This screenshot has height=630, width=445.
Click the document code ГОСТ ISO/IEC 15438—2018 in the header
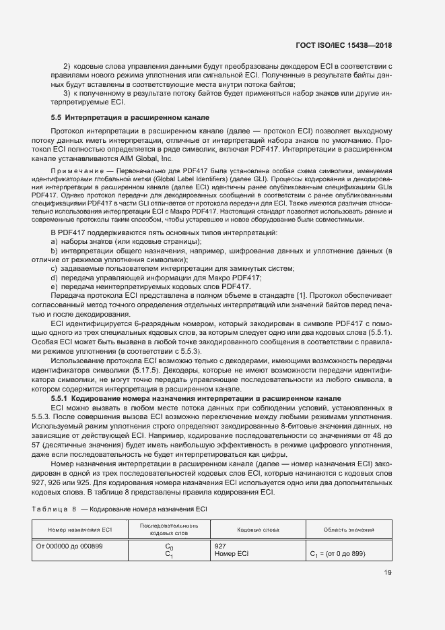pyautogui.click(x=343, y=46)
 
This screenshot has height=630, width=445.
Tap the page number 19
pyautogui.click(x=387, y=573)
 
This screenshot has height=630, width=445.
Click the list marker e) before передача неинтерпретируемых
pyautogui.click(x=54, y=286)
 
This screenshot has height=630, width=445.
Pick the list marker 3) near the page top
pyautogui.click(x=67, y=93)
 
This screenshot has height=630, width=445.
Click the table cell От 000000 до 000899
pyautogui.click(x=69, y=546)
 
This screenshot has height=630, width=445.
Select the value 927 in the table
pyautogui.click(x=219, y=546)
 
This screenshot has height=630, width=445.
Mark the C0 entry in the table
pyautogui.click(x=169, y=546)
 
